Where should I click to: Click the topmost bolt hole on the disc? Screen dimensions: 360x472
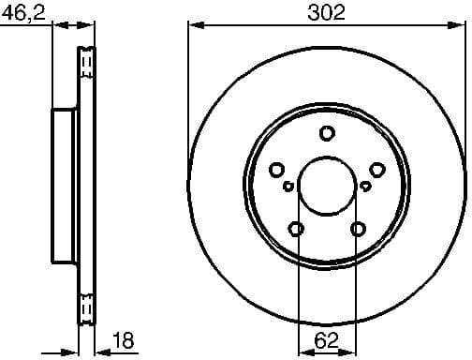point(327,133)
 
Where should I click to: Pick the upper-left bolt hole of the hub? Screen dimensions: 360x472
point(276,170)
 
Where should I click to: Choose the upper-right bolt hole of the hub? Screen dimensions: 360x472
point(377,170)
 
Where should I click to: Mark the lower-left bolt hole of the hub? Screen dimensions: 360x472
point(296,229)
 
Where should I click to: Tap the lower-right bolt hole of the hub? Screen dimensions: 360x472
point(358,229)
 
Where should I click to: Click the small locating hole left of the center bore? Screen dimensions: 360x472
point(289,186)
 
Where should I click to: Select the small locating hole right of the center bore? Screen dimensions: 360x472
point(364,186)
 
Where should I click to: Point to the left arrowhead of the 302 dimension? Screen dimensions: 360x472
point(193,25)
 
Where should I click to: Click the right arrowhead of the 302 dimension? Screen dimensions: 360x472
point(461,25)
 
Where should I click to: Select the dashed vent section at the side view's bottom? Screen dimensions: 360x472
point(88,307)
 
